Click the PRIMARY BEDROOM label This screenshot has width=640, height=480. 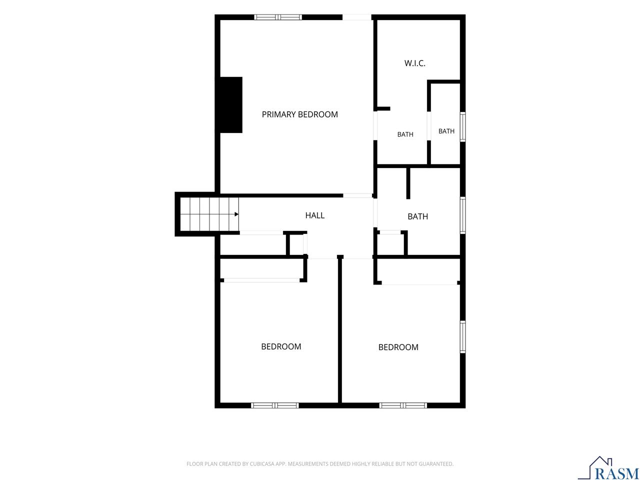click(x=299, y=114)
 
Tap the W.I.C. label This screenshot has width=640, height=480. click(x=414, y=63)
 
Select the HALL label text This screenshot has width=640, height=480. click(x=314, y=215)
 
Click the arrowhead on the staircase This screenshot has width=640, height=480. click(x=236, y=214)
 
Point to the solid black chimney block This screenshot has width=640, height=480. click(x=230, y=105)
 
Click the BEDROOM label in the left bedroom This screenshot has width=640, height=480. click(x=281, y=346)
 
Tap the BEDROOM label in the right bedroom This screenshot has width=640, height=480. click(x=398, y=347)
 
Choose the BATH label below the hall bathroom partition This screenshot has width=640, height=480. click(x=417, y=216)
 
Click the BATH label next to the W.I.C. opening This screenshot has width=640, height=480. click(x=405, y=134)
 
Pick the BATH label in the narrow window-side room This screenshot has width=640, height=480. click(x=446, y=131)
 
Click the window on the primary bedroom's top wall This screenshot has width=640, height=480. click(x=278, y=17)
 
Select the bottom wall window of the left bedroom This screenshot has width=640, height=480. click(x=275, y=405)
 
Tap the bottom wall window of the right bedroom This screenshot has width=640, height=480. click(x=403, y=405)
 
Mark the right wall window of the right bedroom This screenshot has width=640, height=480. click(x=462, y=336)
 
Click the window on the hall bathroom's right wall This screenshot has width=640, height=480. click(x=462, y=215)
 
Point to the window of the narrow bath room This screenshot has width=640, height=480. click(x=462, y=127)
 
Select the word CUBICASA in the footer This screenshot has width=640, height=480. click(x=260, y=463)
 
